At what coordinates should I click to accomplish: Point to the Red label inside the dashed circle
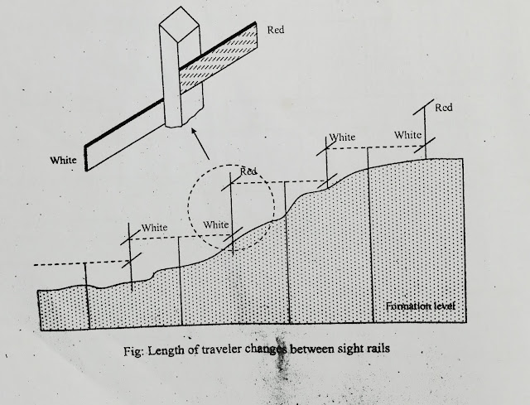coord(248,171)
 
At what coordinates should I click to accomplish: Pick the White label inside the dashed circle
coord(216,224)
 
